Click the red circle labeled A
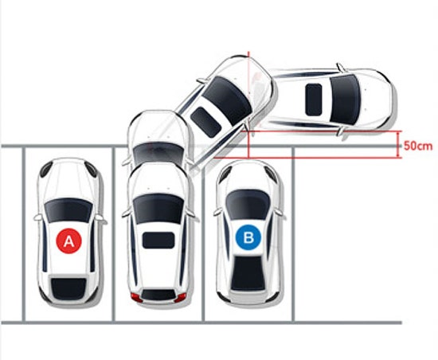click(x=69, y=241)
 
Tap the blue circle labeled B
click(x=248, y=237)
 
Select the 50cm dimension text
click(x=418, y=146)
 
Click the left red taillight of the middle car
click(x=137, y=297)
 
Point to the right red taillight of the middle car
click(x=181, y=297)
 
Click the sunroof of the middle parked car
click(x=158, y=241)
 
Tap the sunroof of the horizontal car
click(x=314, y=100)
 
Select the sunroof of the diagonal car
click(x=206, y=123)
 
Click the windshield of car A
click(x=68, y=209)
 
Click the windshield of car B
click(x=248, y=204)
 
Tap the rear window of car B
click(x=248, y=273)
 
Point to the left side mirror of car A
click(x=38, y=217)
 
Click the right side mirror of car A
click(x=101, y=219)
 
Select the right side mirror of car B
click(x=280, y=212)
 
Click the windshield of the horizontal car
click(x=344, y=100)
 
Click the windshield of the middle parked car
click(x=158, y=209)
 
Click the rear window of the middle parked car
click(x=158, y=295)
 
